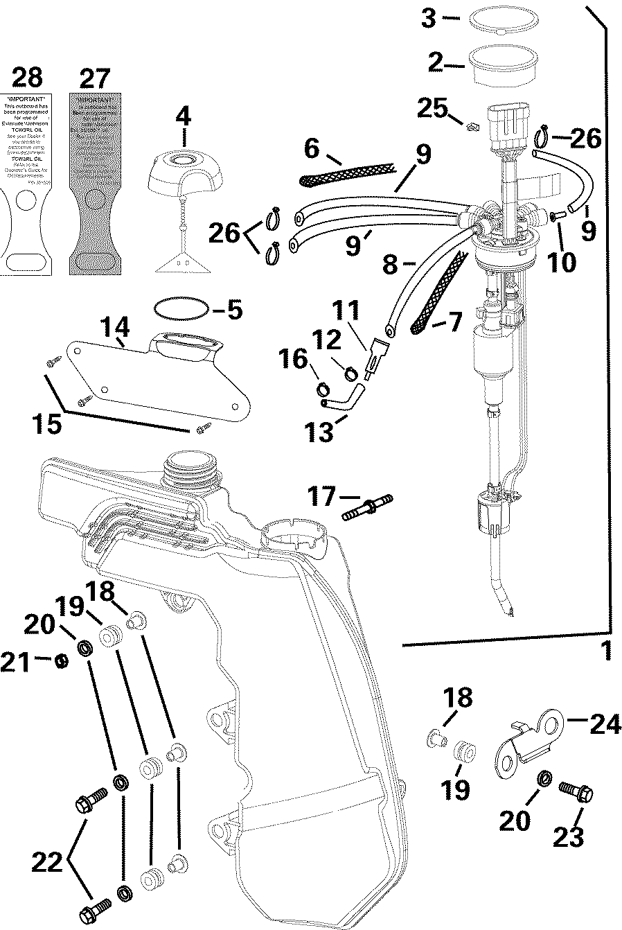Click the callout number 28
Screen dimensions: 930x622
coord(26,77)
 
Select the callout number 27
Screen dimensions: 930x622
coord(96,77)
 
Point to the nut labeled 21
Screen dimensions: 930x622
coord(61,660)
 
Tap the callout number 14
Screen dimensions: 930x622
coord(114,326)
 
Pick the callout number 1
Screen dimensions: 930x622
coord(606,652)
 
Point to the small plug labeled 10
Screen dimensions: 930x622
coord(558,217)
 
